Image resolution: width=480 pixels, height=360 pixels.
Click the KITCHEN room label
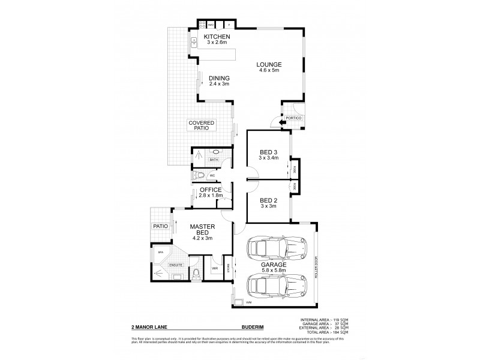(217, 37)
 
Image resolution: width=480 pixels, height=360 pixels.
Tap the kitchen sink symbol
(194, 42)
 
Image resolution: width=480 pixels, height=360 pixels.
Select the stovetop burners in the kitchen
(202, 25)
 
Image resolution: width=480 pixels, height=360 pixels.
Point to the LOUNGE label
(268, 65)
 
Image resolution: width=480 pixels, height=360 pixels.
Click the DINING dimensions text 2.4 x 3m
(219, 84)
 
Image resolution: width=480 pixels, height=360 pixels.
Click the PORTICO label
(293, 118)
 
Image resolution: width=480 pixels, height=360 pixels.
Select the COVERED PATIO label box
(201, 126)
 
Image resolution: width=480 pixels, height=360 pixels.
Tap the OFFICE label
(211, 190)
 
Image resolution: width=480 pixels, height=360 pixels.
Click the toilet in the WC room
(201, 176)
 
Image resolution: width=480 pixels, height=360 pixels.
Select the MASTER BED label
(202, 230)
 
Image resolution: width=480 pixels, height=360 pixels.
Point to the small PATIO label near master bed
(159, 227)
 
